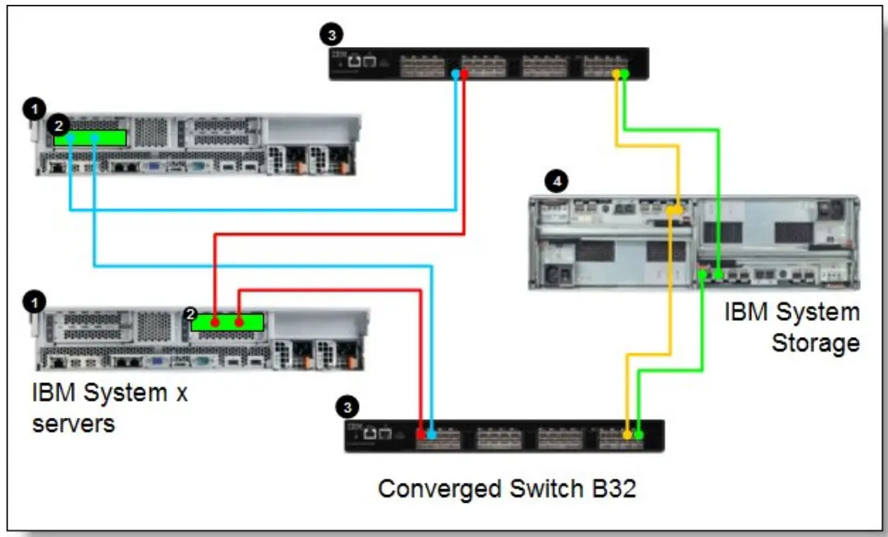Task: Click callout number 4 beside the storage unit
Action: pyautogui.click(x=556, y=181)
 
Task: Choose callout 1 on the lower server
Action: pyautogui.click(x=33, y=301)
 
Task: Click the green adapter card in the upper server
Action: pyautogui.click(x=90, y=138)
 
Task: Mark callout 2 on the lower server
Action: pyautogui.click(x=192, y=314)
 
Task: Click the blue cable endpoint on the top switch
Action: pyautogui.click(x=456, y=74)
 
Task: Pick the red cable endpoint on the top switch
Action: pyautogui.click(x=464, y=74)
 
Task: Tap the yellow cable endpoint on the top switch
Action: pyautogui.click(x=617, y=75)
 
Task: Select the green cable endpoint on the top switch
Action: pyautogui.click(x=625, y=75)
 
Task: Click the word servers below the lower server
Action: pyautogui.click(x=73, y=423)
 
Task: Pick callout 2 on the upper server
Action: pyautogui.click(x=58, y=126)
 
